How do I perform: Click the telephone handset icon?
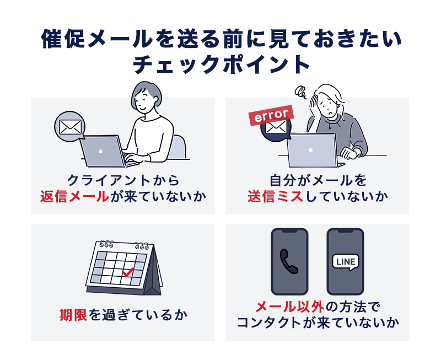click(x=289, y=261)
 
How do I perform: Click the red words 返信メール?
click(x=74, y=196)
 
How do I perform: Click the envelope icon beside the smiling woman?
click(x=70, y=127)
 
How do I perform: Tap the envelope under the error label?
click(x=276, y=128)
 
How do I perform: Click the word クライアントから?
click(x=123, y=180)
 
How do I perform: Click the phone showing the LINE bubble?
click(x=346, y=261)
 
